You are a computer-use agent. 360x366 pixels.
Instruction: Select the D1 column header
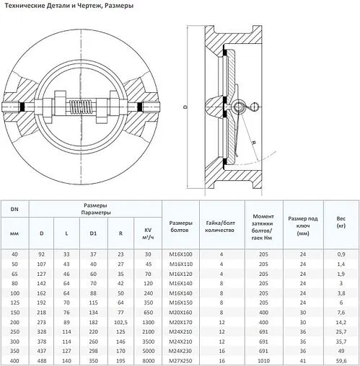pyautogui.click(x=93, y=233)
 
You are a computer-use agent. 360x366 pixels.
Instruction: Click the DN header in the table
pyautogui.click(x=14, y=210)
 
